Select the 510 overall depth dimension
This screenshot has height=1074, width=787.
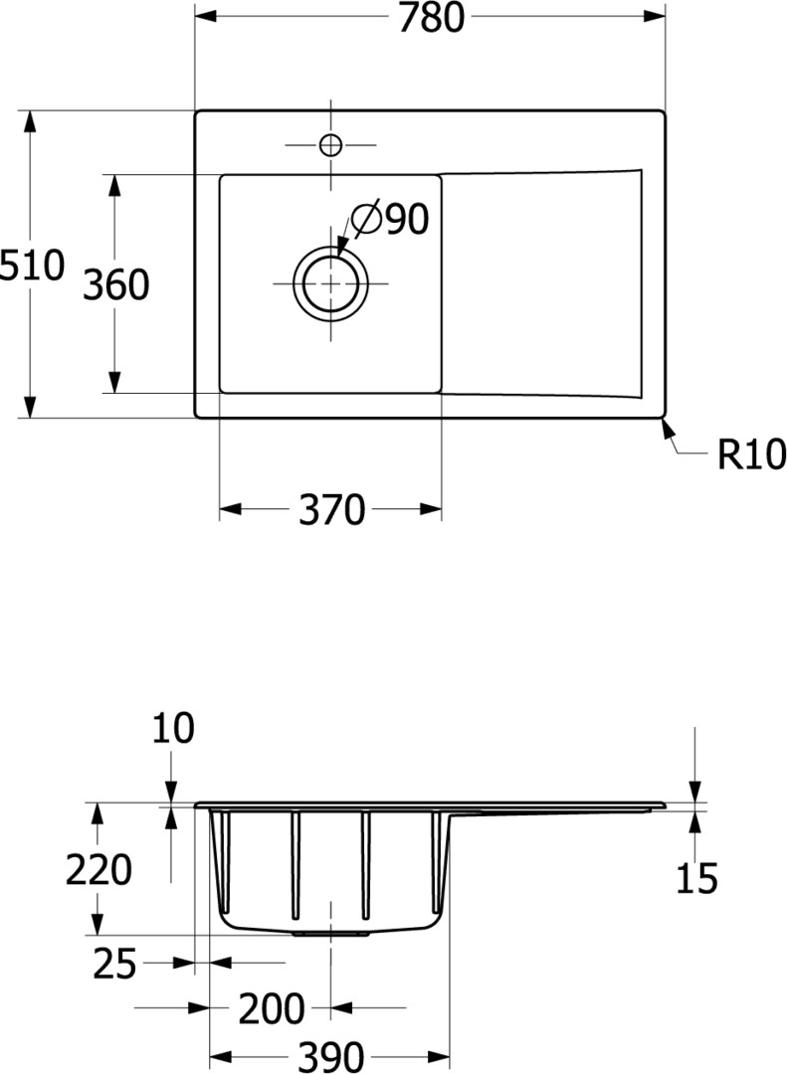click(x=32, y=266)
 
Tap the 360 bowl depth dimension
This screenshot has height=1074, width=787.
click(x=115, y=284)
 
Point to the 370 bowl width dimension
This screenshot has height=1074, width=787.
click(x=331, y=509)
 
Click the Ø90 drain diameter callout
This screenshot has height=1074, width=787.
click(x=390, y=219)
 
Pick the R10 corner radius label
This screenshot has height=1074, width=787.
click(x=751, y=453)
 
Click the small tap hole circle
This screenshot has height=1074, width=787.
click(x=331, y=144)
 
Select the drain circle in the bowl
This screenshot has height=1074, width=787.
click(x=331, y=282)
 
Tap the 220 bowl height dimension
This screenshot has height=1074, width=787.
click(x=98, y=870)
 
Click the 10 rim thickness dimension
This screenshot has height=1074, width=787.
click(x=173, y=727)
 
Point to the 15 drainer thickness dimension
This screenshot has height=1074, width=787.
click(x=696, y=878)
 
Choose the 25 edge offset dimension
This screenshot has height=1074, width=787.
click(x=114, y=964)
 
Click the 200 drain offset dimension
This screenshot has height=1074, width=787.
click(x=272, y=1008)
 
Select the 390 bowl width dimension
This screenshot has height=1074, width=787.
click(x=330, y=1056)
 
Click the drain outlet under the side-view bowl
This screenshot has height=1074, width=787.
click(x=331, y=933)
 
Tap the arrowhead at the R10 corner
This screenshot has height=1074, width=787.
click(x=667, y=427)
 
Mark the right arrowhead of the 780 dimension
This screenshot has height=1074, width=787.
click(x=655, y=15)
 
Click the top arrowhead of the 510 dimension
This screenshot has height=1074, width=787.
click(x=29, y=121)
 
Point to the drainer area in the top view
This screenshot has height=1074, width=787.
click(x=541, y=282)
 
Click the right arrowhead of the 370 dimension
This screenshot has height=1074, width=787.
click(x=430, y=509)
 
